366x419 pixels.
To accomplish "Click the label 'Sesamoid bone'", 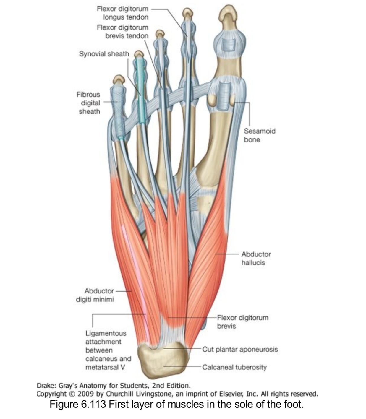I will pos(259,135).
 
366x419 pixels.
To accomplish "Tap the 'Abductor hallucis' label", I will pos(256,259).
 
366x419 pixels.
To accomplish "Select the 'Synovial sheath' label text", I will pos(104,54).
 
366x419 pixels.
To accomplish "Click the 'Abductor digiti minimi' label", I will pos(95,295).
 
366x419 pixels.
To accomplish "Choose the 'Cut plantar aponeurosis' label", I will pos(240,349).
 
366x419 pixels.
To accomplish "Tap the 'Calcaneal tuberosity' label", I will pos(234,367).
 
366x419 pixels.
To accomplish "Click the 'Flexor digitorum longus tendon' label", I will pos(123,13).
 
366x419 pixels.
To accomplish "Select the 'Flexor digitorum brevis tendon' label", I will pos(123,32).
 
